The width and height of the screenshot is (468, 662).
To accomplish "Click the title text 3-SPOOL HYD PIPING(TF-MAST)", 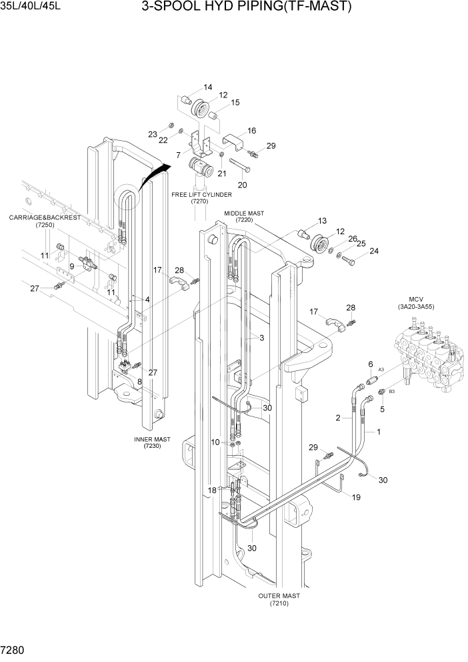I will (246, 8).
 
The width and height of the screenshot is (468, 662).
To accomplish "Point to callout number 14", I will (208, 87).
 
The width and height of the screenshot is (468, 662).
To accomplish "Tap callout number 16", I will (252, 130).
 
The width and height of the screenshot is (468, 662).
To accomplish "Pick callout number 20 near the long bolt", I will (242, 185).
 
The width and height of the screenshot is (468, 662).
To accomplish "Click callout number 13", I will (322, 221).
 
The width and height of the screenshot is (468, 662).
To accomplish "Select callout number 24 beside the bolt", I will (373, 252).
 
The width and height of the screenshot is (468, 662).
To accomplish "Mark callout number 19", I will (356, 496).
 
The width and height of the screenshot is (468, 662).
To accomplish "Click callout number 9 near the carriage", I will (71, 266).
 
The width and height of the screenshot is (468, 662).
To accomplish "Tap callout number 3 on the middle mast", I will (261, 338).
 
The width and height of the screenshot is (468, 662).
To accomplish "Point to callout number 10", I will (215, 442).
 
